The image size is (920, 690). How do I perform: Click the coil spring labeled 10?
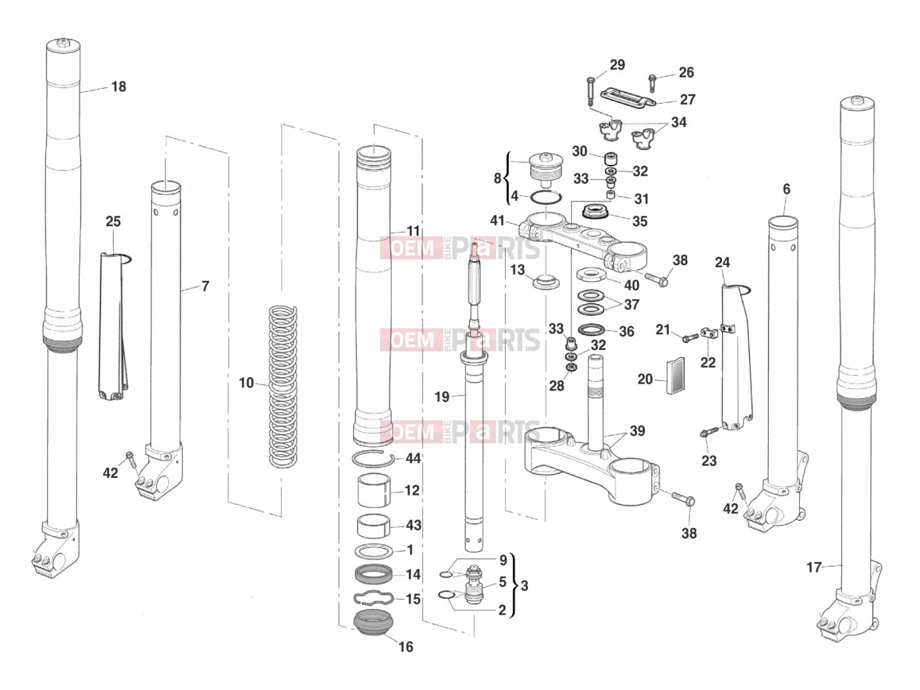(282, 386)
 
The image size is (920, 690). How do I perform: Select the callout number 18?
(118, 87)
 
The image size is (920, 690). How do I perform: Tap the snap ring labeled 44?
(373, 459)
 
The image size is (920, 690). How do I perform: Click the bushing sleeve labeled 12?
(374, 490)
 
